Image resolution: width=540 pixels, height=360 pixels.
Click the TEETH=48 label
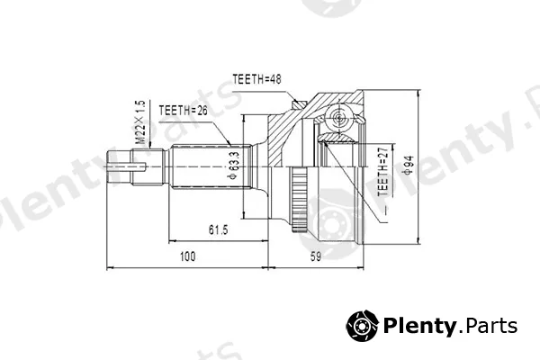point(256,79)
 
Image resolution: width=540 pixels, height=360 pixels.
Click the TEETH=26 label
point(184,111)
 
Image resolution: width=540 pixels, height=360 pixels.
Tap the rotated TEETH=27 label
point(383,169)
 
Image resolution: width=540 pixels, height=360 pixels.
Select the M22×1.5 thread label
point(140,122)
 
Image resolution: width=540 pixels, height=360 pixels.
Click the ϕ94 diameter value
point(409,165)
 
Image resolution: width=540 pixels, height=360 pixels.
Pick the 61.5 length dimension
point(219,229)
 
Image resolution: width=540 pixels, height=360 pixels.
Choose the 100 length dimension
point(188,256)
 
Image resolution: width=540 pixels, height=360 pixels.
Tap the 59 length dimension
point(316,256)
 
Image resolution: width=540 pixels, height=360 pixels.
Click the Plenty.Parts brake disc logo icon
point(362,326)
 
